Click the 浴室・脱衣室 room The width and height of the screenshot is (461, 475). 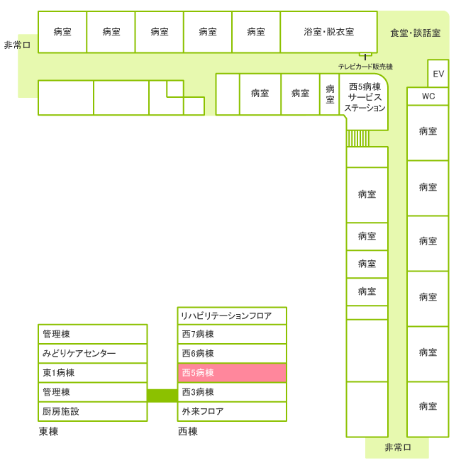[328, 32]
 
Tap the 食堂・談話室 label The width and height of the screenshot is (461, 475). [415, 33]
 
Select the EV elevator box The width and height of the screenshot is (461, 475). [438, 73]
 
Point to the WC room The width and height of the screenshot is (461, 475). [428, 96]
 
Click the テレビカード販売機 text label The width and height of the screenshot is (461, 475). [365, 66]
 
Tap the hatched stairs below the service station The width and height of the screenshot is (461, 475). [358, 138]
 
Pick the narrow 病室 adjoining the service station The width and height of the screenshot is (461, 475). [330, 94]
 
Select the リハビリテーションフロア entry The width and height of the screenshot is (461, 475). [232, 315]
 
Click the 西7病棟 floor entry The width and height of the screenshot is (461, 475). [232, 334]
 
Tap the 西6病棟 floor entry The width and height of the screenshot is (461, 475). [232, 353]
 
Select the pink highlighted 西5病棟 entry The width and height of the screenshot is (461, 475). [232, 372]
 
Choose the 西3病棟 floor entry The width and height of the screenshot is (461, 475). [232, 392]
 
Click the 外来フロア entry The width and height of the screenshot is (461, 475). [232, 411]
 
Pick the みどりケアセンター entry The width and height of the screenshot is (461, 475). [92, 353]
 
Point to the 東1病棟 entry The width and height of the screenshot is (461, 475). [92, 372]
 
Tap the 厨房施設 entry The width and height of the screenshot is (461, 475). [92, 411]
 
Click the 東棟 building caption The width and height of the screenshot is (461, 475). [48, 432]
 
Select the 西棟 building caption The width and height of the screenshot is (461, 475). [187, 432]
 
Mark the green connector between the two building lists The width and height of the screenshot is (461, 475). [162, 395]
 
